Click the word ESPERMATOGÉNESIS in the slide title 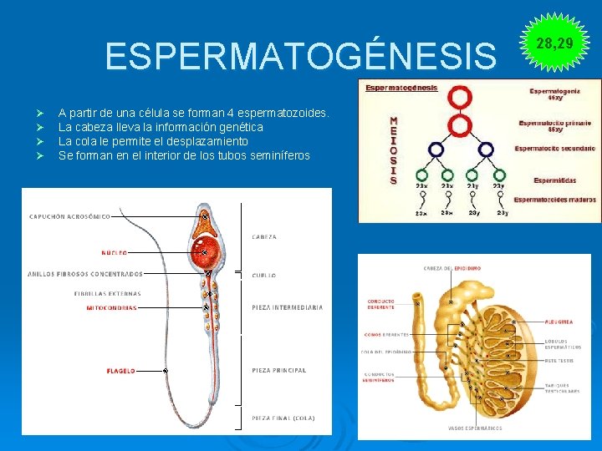(300, 57)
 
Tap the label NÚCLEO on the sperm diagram (115, 251)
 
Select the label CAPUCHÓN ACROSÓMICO (69, 216)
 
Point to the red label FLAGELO (120, 370)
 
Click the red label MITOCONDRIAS (111, 307)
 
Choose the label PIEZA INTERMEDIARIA (287, 307)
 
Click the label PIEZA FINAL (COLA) (283, 418)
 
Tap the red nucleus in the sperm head (204, 251)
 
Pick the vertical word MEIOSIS (394, 150)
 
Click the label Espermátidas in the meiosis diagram (555, 180)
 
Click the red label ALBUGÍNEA (558, 321)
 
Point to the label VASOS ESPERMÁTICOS (475, 428)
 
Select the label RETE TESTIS (559, 361)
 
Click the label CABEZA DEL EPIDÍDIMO (451, 268)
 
